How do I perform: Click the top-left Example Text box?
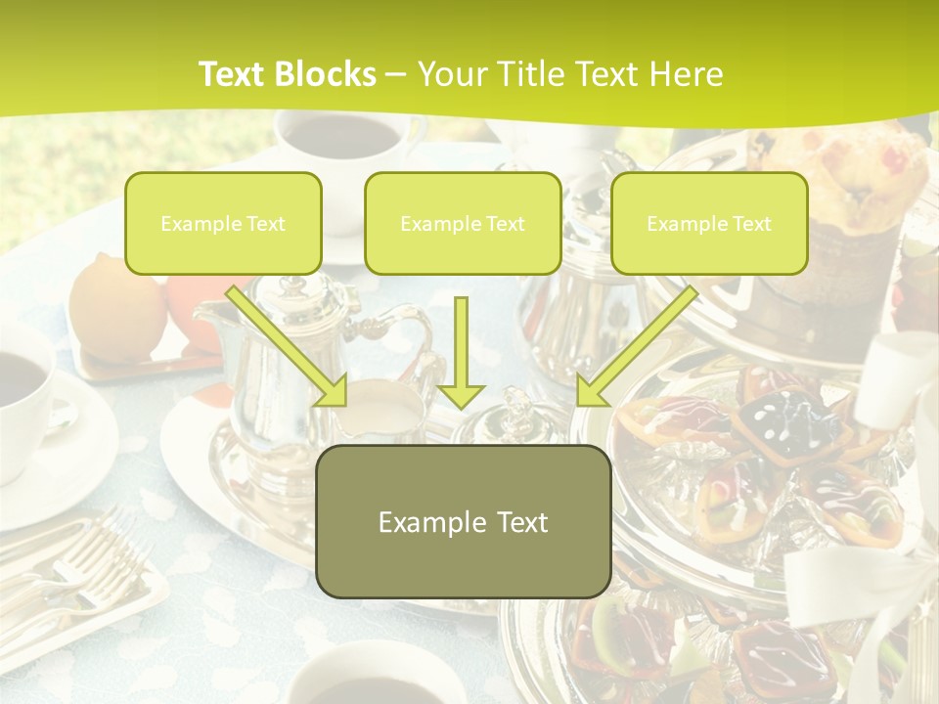tap(223, 223)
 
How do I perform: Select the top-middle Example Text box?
tap(463, 223)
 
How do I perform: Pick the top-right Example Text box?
tap(709, 223)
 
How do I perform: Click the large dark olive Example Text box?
tap(463, 521)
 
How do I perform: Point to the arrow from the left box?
tap(289, 346)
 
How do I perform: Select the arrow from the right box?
tap(636, 346)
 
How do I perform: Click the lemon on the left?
tap(112, 308)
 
